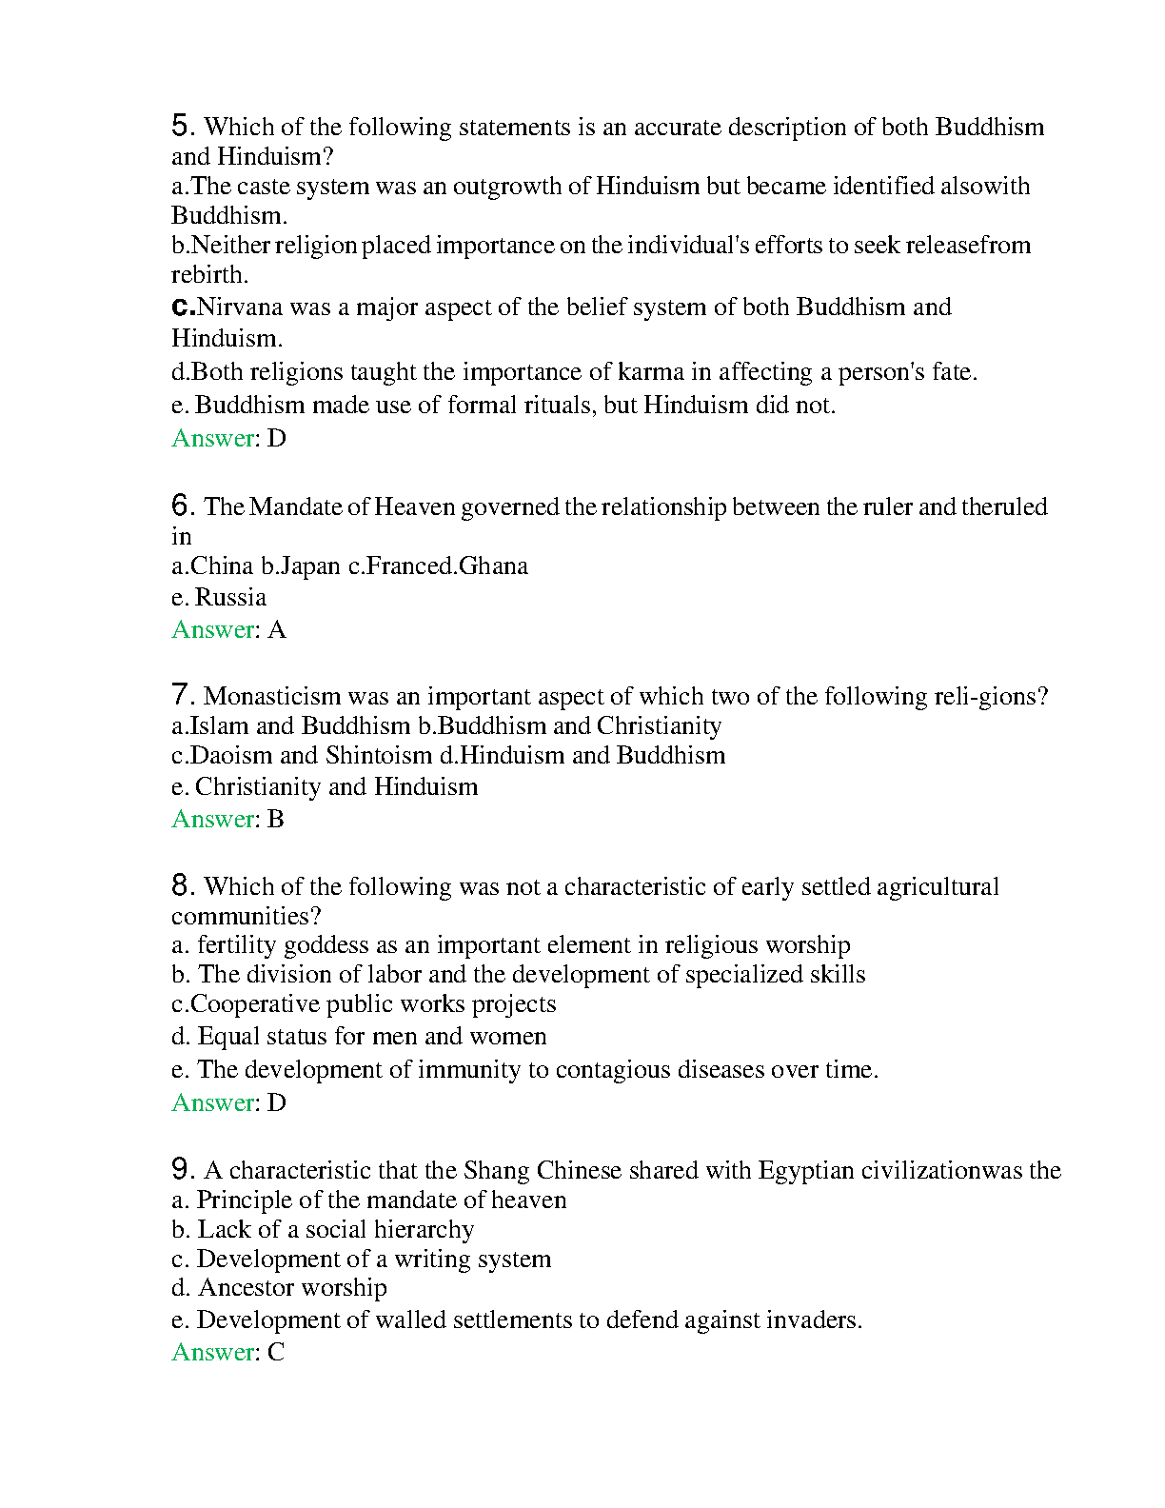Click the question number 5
coord(182,126)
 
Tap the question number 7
coord(182,695)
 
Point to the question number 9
coord(182,1169)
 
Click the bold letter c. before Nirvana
coord(183,308)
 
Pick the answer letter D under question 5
coord(277,439)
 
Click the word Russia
coord(230,598)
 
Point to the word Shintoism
coord(379,756)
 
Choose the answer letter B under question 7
coord(276,820)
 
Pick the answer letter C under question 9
coord(276,1353)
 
